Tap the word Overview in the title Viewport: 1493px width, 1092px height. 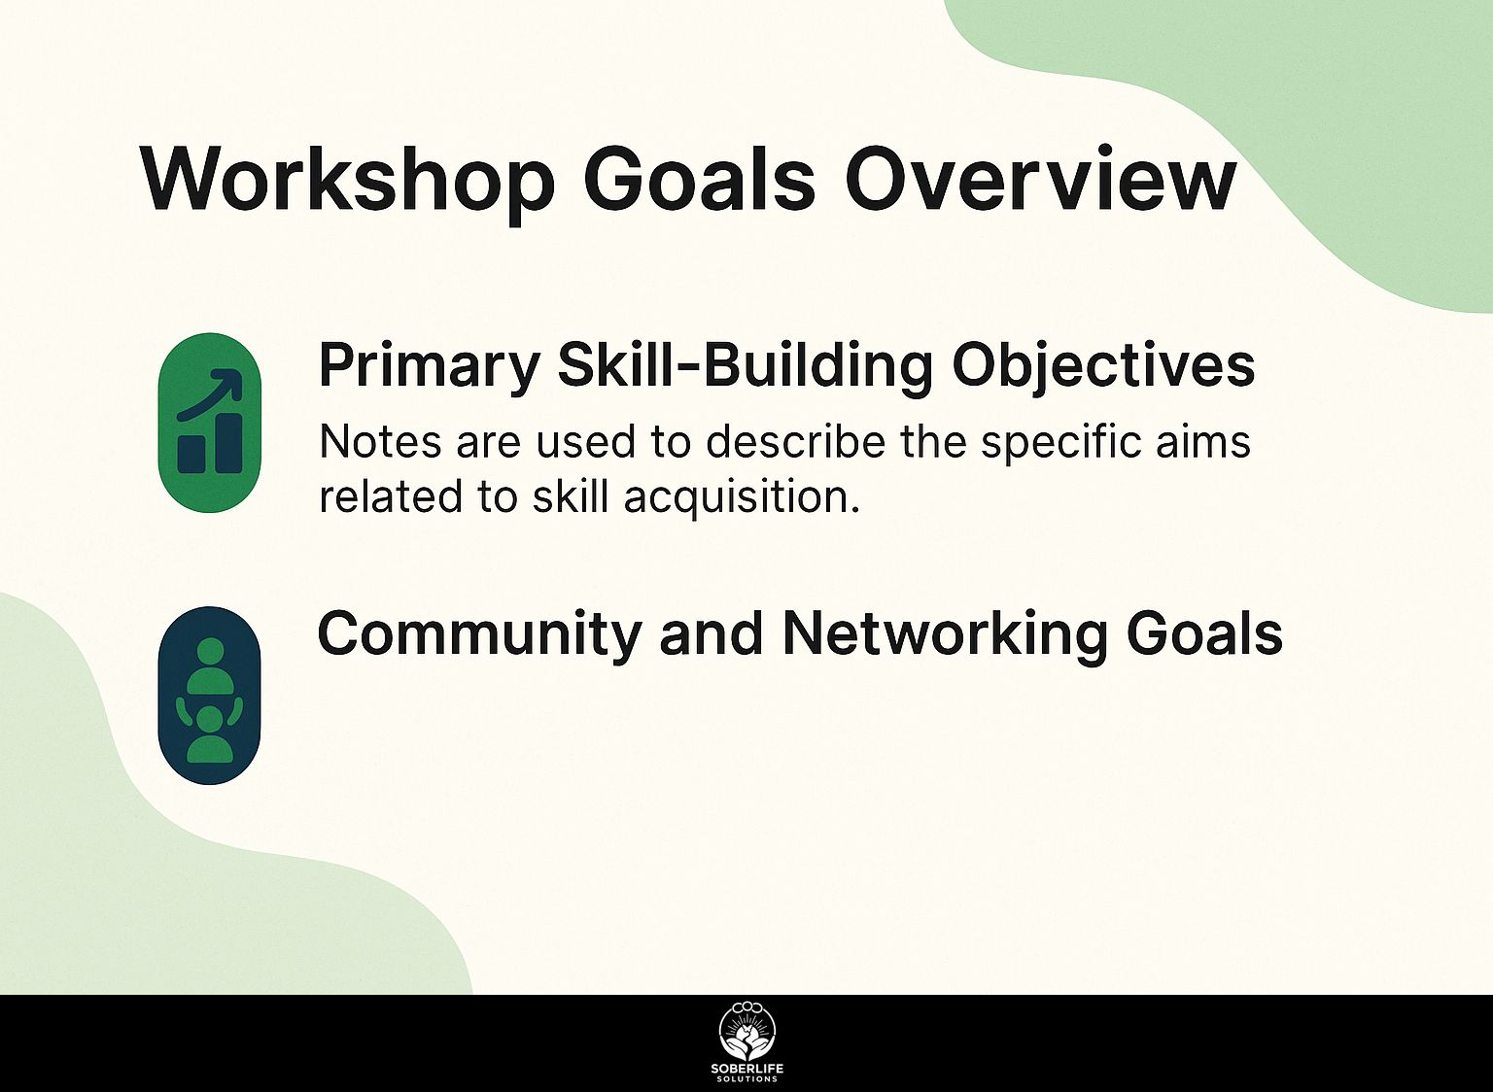click(x=1040, y=180)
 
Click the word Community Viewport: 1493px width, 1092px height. click(x=478, y=635)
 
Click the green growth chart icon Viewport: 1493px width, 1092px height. click(x=209, y=423)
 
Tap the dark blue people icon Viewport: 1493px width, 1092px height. click(x=209, y=695)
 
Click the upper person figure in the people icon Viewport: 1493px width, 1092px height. click(x=210, y=665)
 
